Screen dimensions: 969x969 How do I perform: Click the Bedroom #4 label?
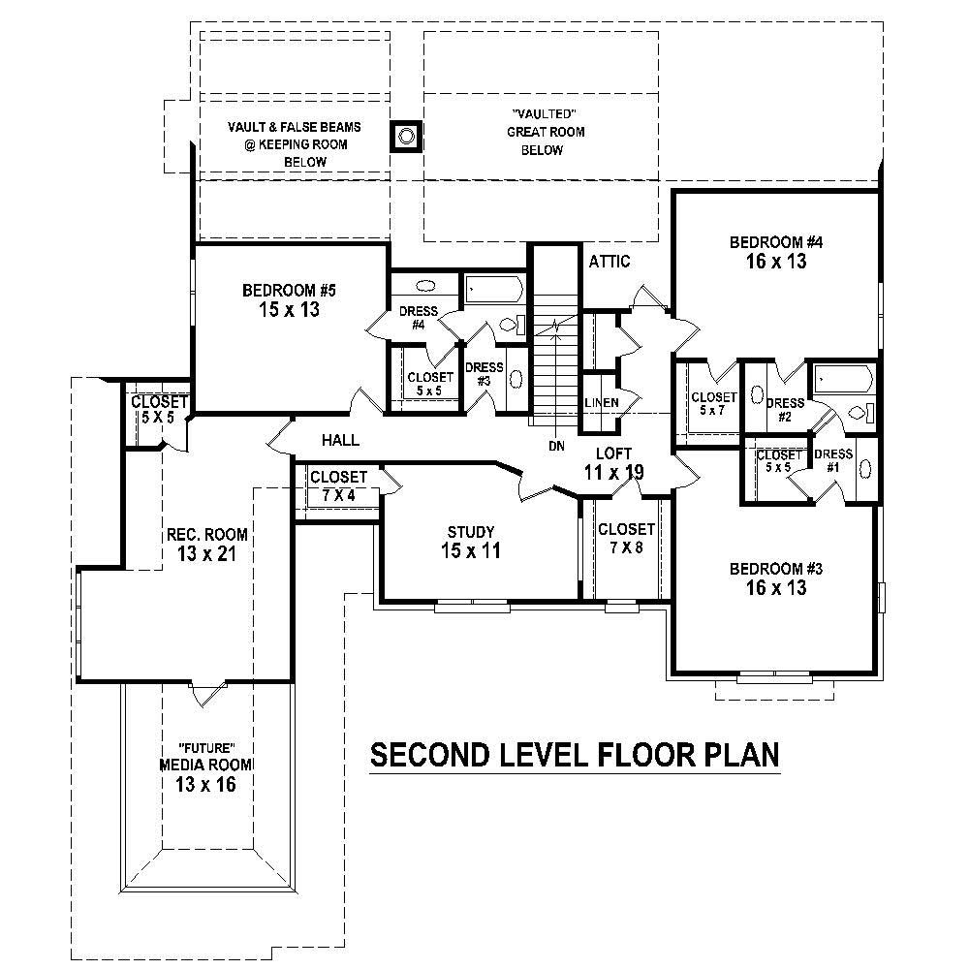[x=768, y=252]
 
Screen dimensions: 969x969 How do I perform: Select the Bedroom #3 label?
[x=768, y=578]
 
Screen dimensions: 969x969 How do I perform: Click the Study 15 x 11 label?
[x=471, y=542]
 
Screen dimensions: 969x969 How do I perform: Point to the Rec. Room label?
[x=206, y=545]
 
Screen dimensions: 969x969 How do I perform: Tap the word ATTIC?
[x=609, y=262]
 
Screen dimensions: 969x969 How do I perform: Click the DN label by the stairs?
[x=556, y=445]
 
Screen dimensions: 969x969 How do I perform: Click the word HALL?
[x=340, y=440]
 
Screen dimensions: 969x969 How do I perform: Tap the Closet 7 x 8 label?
[x=626, y=539]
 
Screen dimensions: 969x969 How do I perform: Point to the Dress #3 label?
[x=484, y=374]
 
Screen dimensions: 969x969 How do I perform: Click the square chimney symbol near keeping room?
[x=406, y=136]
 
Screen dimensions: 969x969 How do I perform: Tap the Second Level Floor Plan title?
[x=576, y=754]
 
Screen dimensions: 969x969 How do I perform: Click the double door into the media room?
[x=206, y=694]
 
